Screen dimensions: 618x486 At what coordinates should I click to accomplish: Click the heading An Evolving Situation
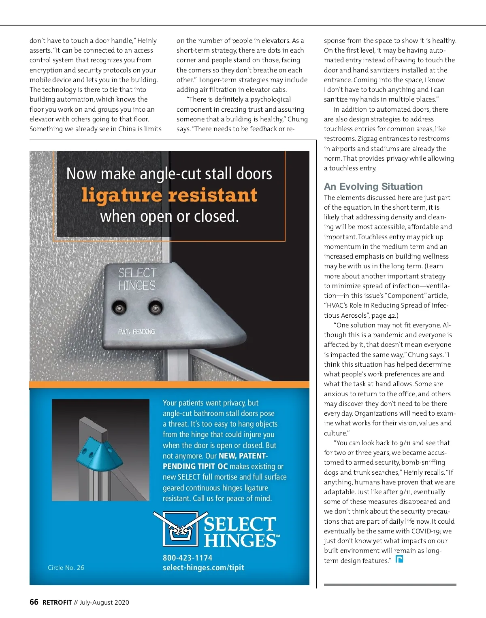point(373,187)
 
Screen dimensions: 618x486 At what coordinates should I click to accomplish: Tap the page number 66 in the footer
point(34,602)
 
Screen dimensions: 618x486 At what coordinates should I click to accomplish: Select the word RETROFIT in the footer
point(57,602)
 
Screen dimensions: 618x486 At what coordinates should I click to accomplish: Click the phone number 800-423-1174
point(188,558)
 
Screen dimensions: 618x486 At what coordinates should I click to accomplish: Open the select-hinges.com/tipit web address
point(203,567)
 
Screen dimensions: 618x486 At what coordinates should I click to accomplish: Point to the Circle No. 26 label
point(66,567)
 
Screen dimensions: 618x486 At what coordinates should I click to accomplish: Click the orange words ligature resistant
point(169,195)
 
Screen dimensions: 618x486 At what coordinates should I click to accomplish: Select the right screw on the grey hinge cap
point(156,308)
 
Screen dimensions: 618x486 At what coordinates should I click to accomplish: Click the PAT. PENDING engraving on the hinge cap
point(136,331)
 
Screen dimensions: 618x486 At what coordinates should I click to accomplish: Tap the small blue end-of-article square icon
point(399,559)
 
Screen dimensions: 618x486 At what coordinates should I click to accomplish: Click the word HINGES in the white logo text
point(241,541)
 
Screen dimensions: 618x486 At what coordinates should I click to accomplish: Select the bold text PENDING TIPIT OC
point(195,466)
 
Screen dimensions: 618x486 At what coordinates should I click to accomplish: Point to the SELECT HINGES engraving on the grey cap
point(137,279)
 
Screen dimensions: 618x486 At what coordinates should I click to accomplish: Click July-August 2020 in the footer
point(104,602)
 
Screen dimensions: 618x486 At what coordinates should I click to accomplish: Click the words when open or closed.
point(169,216)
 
